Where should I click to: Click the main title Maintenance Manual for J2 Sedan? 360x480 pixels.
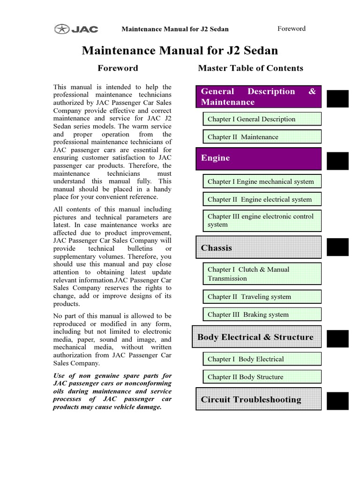pos(180,51)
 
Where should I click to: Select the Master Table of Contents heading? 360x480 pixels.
pos(250,68)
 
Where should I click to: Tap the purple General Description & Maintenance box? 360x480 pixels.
pos(258,97)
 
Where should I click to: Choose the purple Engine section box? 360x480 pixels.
pos(258,158)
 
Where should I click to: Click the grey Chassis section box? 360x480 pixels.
pos(258,247)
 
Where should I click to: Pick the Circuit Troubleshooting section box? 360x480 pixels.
pos(258,399)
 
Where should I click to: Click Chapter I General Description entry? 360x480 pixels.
pos(262,119)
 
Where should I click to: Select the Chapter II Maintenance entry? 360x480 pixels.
pos(262,137)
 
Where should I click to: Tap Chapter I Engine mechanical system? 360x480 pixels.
pos(262,181)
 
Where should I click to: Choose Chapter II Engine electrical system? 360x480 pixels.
pos(262,199)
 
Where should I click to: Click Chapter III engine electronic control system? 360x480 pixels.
pos(262,221)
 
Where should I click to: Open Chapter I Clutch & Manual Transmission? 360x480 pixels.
pos(262,274)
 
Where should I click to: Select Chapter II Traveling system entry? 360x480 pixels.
pos(262,297)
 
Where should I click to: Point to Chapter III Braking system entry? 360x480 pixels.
pos(262,315)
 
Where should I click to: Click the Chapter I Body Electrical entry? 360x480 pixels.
pos(262,359)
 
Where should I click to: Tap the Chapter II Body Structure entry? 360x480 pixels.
pos(262,377)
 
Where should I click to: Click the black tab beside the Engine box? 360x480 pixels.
pos(337,161)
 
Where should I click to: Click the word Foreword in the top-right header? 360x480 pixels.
pos(291,29)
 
